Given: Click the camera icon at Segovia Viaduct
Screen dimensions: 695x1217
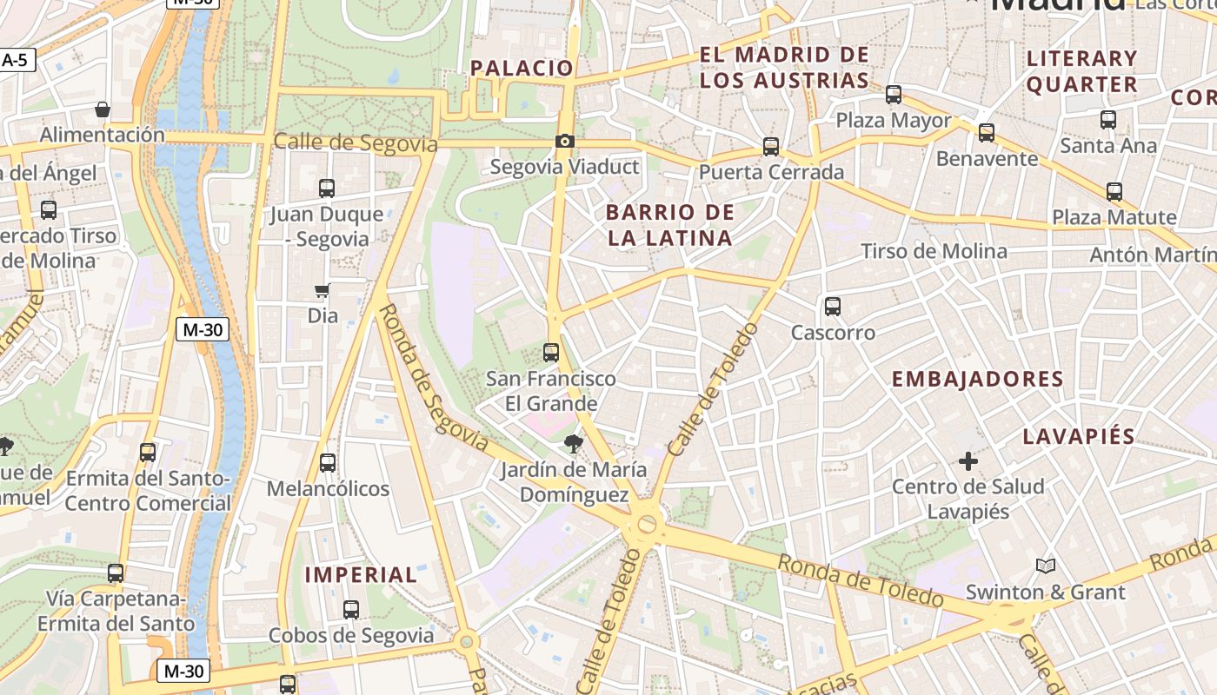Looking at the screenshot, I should (x=565, y=141).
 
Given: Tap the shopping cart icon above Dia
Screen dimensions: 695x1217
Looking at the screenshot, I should (x=323, y=290).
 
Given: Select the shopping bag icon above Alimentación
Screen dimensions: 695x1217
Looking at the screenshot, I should (x=103, y=109).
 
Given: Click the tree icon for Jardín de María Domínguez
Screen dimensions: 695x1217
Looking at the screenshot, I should (x=573, y=444).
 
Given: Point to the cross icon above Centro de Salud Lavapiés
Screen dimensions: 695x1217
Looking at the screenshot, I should (x=968, y=460).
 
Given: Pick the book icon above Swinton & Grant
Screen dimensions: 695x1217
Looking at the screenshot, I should (x=1046, y=566).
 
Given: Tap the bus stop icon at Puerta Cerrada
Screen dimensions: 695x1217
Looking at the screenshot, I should (x=771, y=147).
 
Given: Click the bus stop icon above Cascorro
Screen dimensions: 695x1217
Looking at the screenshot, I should (x=833, y=307).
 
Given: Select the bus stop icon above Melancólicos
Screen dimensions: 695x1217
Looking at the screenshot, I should (x=328, y=463).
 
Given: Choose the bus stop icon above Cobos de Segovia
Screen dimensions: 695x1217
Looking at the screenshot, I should (x=351, y=610).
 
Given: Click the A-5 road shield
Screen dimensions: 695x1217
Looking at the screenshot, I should (x=15, y=60).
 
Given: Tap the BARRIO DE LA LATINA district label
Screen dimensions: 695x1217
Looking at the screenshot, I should (x=669, y=225).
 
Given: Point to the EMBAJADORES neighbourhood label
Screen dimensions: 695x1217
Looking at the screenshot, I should (x=978, y=379).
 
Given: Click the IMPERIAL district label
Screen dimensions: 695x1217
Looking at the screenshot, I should (x=361, y=575).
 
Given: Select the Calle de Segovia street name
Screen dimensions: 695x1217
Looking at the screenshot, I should (x=355, y=142).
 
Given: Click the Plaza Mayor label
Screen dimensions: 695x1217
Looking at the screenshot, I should (x=894, y=121).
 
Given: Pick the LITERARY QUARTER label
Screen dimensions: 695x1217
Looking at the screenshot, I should (x=1082, y=71).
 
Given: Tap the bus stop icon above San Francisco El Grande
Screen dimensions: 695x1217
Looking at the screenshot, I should (x=551, y=353).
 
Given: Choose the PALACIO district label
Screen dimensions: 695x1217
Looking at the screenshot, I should (x=522, y=68).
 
